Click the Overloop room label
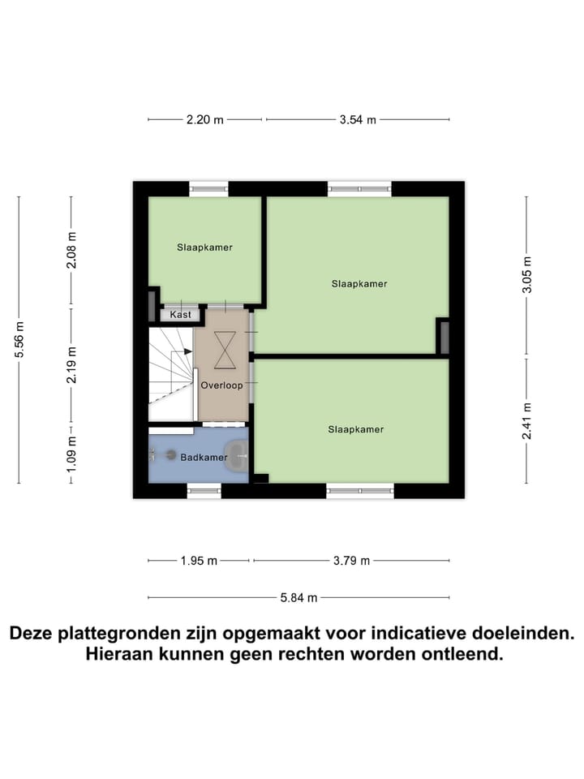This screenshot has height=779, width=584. click(221, 385)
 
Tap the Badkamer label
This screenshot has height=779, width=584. click(204, 458)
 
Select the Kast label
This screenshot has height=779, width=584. click(180, 314)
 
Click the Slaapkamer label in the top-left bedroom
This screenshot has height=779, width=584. click(204, 247)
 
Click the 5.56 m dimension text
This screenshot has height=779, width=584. click(19, 340)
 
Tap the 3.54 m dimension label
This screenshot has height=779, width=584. click(358, 119)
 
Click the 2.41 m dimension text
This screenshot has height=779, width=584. click(527, 421)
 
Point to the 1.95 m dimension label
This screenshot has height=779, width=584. click(199, 560)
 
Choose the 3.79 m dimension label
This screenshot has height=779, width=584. click(351, 560)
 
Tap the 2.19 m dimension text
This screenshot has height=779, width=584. click(71, 365)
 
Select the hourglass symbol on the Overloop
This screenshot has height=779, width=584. click(224, 348)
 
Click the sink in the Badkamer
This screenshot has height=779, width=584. click(236, 457)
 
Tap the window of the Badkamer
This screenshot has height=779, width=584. click(204, 490)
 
